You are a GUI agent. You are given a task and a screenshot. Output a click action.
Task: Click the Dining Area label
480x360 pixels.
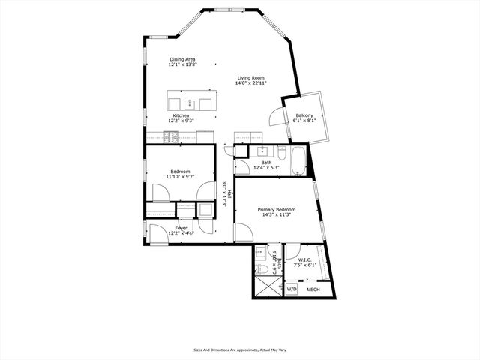[182, 59]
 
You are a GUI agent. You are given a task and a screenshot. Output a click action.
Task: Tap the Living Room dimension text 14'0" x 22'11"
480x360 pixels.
[250, 83]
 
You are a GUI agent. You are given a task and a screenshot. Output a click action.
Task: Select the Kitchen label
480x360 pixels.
[181, 115]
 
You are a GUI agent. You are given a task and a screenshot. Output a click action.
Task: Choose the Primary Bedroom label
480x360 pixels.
[276, 209]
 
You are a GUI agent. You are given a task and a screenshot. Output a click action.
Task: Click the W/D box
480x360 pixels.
[292, 287]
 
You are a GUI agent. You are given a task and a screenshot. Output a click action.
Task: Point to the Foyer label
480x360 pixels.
[181, 228]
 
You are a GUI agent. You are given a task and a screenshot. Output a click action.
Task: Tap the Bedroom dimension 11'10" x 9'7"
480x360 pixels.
[181, 177]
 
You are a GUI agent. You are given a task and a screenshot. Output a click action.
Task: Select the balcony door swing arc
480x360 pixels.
[277, 117]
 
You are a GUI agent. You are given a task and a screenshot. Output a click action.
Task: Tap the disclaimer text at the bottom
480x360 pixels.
[239, 349]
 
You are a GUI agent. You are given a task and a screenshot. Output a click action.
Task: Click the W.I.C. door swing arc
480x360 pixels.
[293, 252]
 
